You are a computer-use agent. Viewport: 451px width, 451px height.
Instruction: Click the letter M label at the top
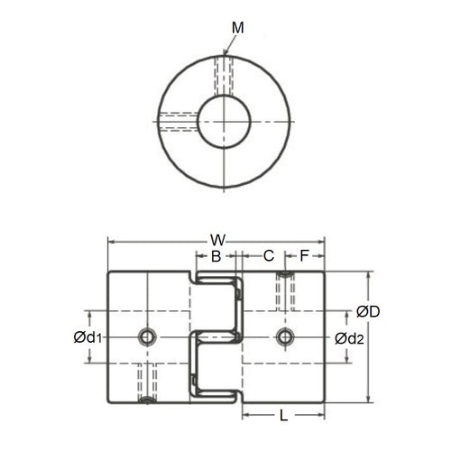click(236, 28)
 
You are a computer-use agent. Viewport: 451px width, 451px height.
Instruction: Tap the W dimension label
click(217, 241)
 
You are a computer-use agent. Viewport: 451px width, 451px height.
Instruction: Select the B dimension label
click(216, 257)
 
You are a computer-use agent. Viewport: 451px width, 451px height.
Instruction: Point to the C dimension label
click(268, 257)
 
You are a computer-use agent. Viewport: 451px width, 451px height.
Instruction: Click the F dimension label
click(304, 257)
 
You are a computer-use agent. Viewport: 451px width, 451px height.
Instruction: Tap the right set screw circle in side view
click(285, 337)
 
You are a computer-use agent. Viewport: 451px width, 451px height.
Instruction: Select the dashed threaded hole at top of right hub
click(285, 290)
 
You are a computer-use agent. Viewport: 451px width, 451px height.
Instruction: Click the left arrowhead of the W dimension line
click(112, 241)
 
